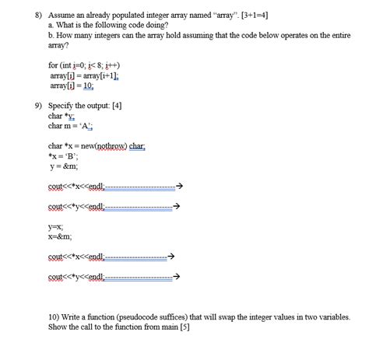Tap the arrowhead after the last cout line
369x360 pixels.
pyautogui.click(x=178, y=276)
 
